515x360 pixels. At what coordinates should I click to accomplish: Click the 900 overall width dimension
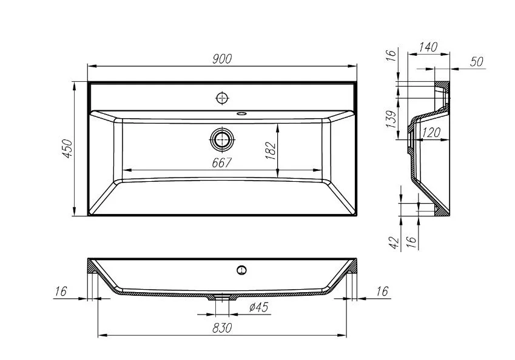(x=223, y=58)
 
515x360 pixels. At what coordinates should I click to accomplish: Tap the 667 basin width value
(x=223, y=162)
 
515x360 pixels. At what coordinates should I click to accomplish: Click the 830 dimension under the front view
(x=223, y=328)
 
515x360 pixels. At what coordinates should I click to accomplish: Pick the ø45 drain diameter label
(x=258, y=308)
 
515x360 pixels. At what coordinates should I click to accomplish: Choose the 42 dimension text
(x=393, y=243)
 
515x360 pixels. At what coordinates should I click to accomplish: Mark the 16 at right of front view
(x=381, y=292)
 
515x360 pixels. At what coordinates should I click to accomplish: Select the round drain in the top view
(x=223, y=139)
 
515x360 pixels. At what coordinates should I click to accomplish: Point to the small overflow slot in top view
(x=241, y=113)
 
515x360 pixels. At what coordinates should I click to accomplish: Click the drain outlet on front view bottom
(x=223, y=298)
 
